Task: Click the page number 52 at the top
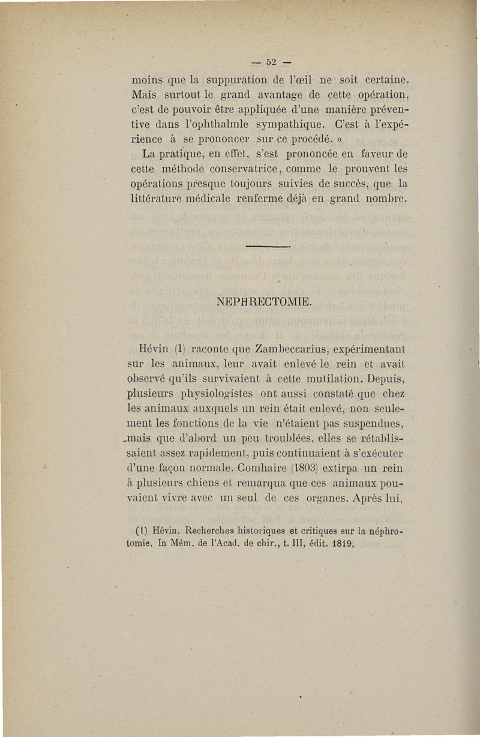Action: pos(270,61)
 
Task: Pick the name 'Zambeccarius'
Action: pos(291,348)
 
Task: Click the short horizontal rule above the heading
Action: pos(268,245)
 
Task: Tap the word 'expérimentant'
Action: pos(368,348)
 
